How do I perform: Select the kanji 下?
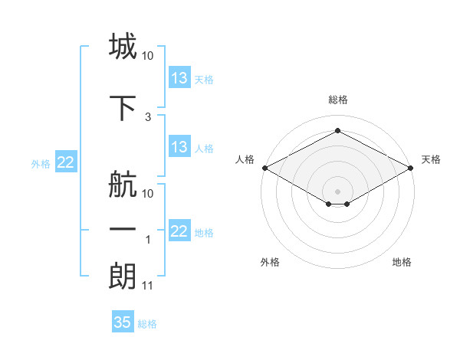click(x=123, y=108)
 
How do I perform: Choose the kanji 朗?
click(x=123, y=277)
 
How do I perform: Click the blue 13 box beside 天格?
click(x=179, y=78)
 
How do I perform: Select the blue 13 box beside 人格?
click(x=179, y=148)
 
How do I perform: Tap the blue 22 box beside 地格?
click(x=179, y=232)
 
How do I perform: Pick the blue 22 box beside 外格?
click(x=66, y=162)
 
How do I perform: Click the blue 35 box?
click(x=123, y=322)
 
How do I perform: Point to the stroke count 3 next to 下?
click(x=147, y=117)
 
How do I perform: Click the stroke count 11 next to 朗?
click(x=148, y=286)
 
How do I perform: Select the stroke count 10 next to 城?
click(x=148, y=56)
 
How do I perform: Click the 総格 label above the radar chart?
click(x=337, y=100)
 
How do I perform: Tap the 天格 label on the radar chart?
click(x=431, y=159)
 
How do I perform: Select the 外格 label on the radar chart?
click(x=270, y=262)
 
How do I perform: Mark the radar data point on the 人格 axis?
click(x=264, y=167)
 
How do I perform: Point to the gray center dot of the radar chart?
click(x=337, y=191)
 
